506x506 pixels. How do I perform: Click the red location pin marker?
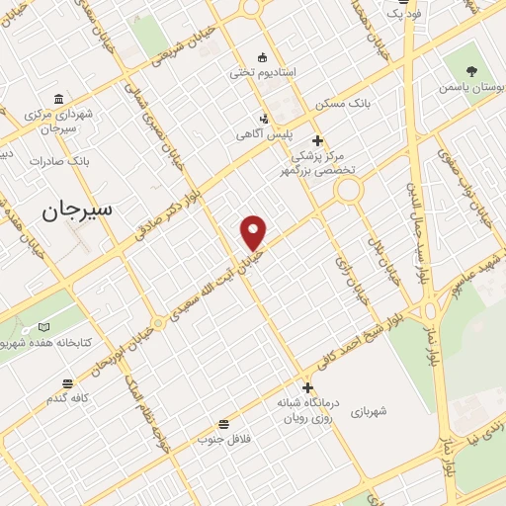[x=254, y=231]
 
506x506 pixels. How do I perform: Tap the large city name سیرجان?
[x=78, y=210]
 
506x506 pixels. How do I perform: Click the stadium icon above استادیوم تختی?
[x=261, y=56]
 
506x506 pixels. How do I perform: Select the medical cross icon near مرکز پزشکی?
[x=317, y=140]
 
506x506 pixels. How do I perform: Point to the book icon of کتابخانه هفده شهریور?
[x=42, y=327]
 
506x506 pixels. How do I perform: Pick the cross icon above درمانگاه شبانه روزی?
[x=307, y=387]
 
